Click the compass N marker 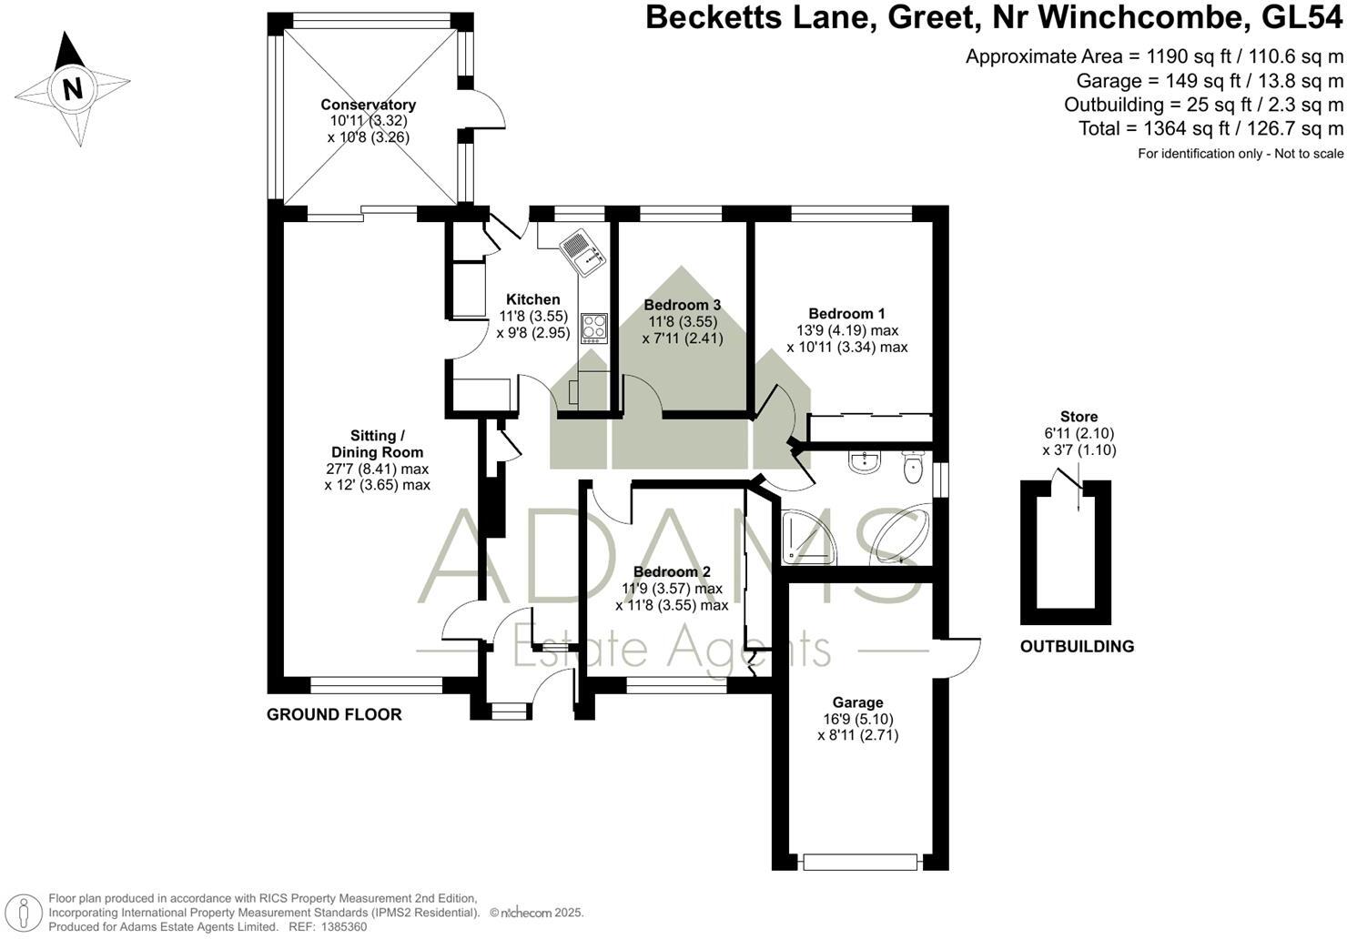pyautogui.click(x=73, y=89)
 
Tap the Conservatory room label pyautogui.click(x=368, y=105)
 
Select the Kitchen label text pyautogui.click(x=532, y=299)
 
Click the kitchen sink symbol pyautogui.click(x=582, y=249)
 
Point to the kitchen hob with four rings pyautogui.click(x=593, y=327)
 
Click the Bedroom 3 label pyautogui.click(x=682, y=305)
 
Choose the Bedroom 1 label pyautogui.click(x=846, y=314)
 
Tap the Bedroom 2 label pyautogui.click(x=672, y=571)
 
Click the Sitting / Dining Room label pyautogui.click(x=377, y=443)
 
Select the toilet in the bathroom pyautogui.click(x=913, y=467)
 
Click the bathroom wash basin pyautogui.click(x=862, y=462)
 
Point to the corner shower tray pyautogui.click(x=805, y=536)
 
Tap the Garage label pyautogui.click(x=857, y=702)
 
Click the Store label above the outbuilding pyautogui.click(x=1079, y=417)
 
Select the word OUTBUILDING pyautogui.click(x=1077, y=647)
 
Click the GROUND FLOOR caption pyautogui.click(x=334, y=714)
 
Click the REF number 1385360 pyautogui.click(x=339, y=926)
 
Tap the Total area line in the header pyautogui.click(x=1210, y=128)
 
